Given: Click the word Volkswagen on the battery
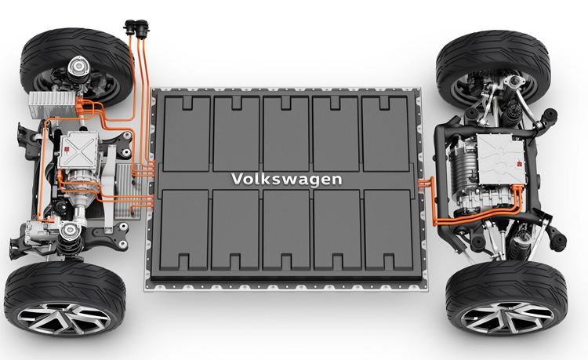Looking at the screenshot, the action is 286,180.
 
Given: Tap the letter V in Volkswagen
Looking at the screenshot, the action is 237,178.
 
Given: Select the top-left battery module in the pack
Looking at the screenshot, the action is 187,134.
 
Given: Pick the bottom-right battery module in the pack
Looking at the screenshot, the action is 388,230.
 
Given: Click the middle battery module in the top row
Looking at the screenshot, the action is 285,134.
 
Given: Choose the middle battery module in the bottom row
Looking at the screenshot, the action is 286,230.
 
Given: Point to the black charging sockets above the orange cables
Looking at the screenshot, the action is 136,28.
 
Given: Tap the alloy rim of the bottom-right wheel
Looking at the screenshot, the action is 507,317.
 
